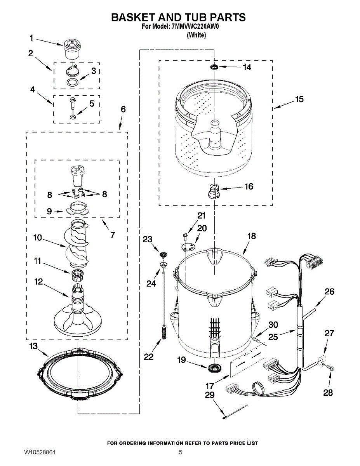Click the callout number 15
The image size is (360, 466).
tap(299, 99)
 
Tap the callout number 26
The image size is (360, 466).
tap(329, 291)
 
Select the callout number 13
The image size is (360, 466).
tap(33, 346)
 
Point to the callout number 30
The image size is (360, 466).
tap(273, 325)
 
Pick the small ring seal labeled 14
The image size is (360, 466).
tap(214, 68)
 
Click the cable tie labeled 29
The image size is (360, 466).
tap(235, 412)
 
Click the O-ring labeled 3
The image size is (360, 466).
tap(71, 82)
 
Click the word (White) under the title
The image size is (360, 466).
tap(196, 35)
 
